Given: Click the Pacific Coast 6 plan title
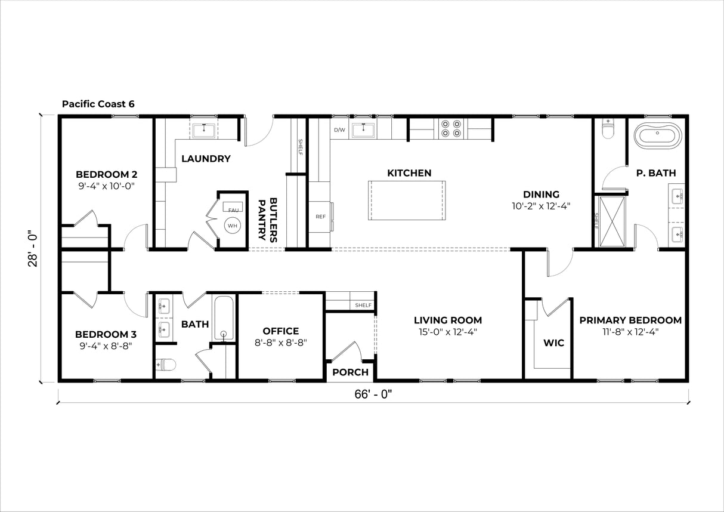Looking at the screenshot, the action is (x=98, y=104).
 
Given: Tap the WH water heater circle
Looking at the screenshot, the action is (x=233, y=226).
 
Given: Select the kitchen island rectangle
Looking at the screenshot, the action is (x=407, y=201).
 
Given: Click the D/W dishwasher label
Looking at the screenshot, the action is (x=339, y=130).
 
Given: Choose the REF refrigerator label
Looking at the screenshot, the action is (x=321, y=217).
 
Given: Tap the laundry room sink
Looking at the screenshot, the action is (x=204, y=131).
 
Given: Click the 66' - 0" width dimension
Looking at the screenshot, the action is (x=373, y=394).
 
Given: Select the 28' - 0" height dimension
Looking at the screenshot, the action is (x=33, y=248).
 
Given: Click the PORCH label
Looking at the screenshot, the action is (x=350, y=372).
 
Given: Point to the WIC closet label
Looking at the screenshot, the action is (x=553, y=343).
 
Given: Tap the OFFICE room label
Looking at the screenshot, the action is (x=280, y=331).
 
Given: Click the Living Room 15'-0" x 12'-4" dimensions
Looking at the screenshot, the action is (x=448, y=332).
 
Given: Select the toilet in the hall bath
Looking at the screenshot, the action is (x=165, y=365).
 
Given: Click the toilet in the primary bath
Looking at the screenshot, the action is (x=608, y=128).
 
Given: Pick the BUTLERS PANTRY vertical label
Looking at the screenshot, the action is (x=268, y=220).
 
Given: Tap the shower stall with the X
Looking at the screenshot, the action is (x=612, y=221).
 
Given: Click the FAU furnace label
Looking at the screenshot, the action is (x=233, y=210).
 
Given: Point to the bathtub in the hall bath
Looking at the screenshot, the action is (x=223, y=318).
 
